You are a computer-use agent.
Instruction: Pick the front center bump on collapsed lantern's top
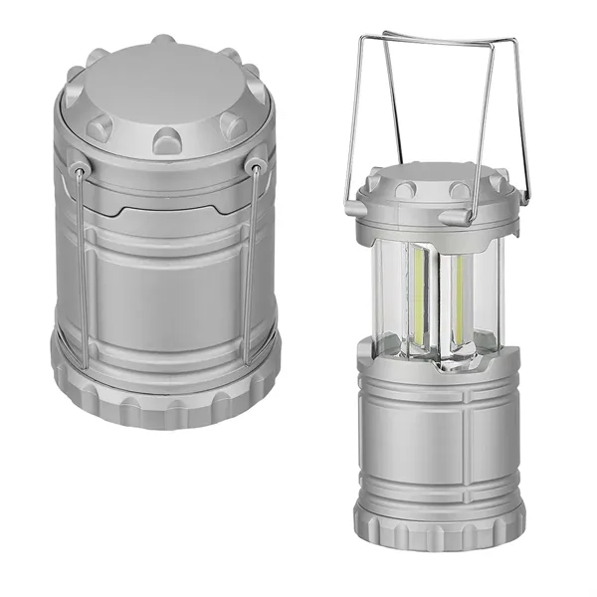[x=167, y=138]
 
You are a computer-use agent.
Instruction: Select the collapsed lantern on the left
[x=164, y=239]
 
